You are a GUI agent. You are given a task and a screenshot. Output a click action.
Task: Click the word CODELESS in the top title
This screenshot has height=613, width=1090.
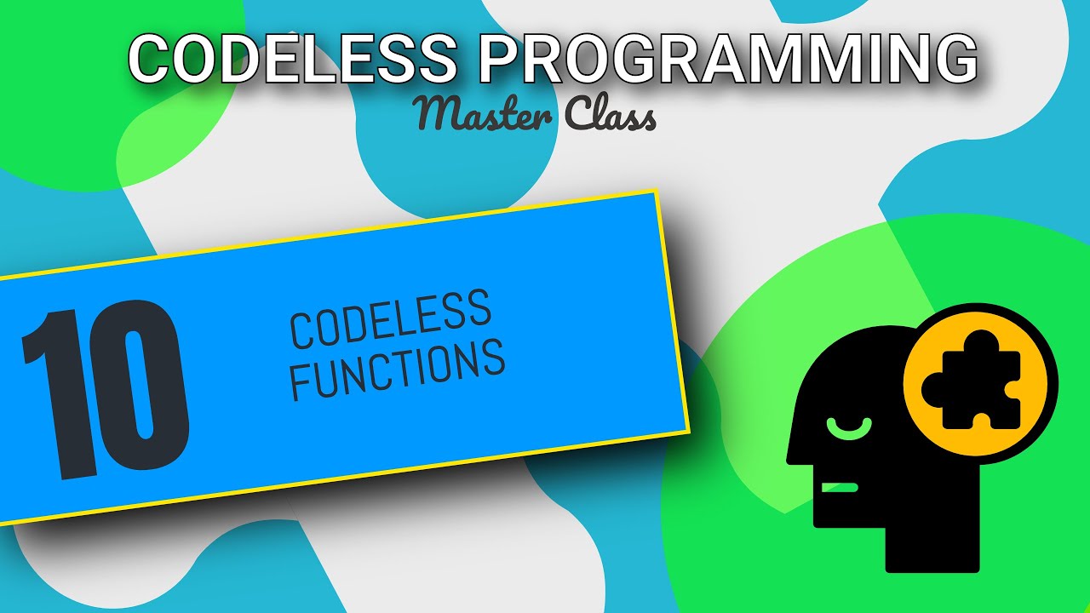click(x=290, y=60)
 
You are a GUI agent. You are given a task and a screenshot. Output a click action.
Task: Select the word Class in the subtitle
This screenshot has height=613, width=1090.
click(x=610, y=116)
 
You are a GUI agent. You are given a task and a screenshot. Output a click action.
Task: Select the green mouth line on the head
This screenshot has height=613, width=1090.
click(x=840, y=487)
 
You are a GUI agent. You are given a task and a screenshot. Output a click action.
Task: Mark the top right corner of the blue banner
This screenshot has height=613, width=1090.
click(x=657, y=192)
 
